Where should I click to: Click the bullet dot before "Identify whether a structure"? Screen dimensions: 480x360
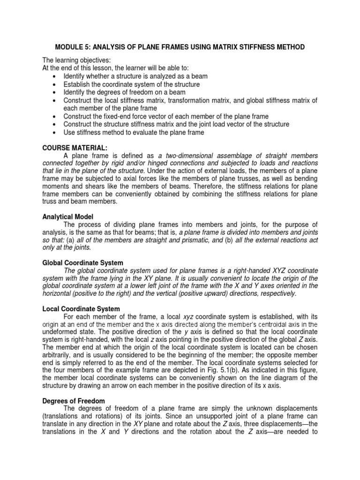pyautogui.click(x=56, y=76)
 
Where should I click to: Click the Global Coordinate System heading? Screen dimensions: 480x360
pyautogui.click(x=83, y=262)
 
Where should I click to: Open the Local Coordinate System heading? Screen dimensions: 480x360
pyautogui.click(x=81, y=308)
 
